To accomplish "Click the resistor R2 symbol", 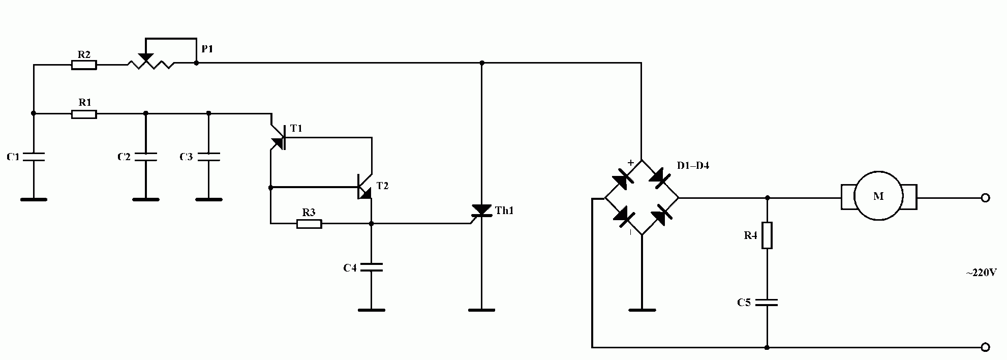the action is coord(84,65).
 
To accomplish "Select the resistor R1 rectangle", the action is coord(84,114).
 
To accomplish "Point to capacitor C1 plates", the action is coord(34,157).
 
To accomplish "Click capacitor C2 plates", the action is coord(145,157).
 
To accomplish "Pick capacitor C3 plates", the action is coord(208,157).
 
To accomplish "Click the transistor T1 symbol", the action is coord(279,137).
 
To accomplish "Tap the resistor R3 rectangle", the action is coord(309,223).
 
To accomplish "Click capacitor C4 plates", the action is coord(371,267).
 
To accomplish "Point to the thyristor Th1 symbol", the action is coord(481,211).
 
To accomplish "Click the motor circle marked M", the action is coord(878,196).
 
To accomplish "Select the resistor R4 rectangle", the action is coord(767,235).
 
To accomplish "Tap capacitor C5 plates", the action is coord(767,303).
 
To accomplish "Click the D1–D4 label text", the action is coord(693,166).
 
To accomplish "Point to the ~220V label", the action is coord(981,273).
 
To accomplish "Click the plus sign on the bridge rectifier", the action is coord(631,163).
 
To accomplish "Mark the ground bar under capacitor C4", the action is coord(371,310).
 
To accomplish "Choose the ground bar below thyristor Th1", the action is coord(481,310).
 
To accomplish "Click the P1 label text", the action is coord(207,49).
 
